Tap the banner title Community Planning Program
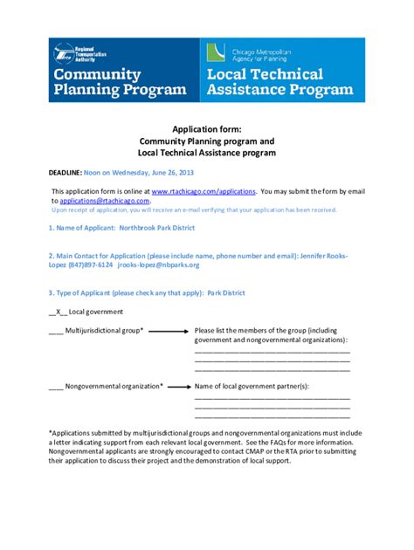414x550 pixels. click(x=120, y=82)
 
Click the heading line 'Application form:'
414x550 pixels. click(x=207, y=127)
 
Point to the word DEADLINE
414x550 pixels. click(x=65, y=173)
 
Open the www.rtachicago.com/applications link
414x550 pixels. click(x=204, y=190)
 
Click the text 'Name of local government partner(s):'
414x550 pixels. click(x=252, y=385)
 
